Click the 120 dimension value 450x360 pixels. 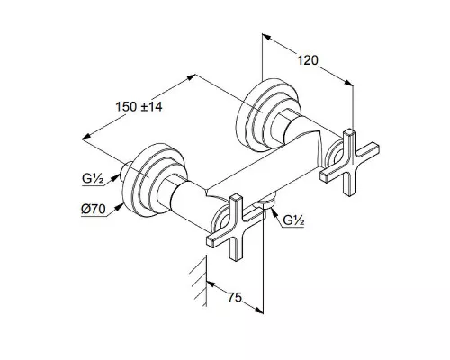point(308,60)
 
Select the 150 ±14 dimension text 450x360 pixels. point(139,107)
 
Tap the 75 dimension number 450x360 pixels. point(235,298)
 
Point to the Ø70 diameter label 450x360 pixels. point(94,209)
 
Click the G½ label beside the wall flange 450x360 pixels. point(93,179)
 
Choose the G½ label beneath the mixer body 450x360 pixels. point(294,221)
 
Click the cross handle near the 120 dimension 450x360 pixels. point(349,162)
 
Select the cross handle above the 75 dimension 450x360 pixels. point(236,227)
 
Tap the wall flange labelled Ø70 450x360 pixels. point(155,179)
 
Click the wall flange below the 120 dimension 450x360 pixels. point(267,114)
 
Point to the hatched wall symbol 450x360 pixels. point(199,282)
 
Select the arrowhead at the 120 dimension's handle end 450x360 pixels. point(348,83)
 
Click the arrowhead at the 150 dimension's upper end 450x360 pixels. point(192,77)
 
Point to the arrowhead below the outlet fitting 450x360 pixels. point(273,211)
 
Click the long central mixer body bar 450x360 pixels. point(264,165)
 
